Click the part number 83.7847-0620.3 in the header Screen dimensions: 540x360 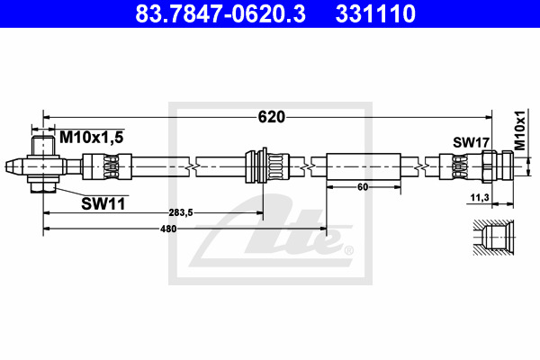pos(220,13)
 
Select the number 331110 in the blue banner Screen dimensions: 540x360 pos(375,13)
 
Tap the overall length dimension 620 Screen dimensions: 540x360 pos(272,117)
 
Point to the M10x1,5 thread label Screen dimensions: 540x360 pos(91,138)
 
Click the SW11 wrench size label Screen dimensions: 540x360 pos(103,204)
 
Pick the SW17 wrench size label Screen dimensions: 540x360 pos(471,142)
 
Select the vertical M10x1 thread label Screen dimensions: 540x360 pos(520,130)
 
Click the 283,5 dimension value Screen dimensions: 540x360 pos(181,213)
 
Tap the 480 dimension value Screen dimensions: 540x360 pos(168,229)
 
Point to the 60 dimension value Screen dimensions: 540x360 pos(363,187)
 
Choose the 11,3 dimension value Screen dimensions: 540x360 pos(480,197)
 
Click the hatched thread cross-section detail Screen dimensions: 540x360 pos(493,238)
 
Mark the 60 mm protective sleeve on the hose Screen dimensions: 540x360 pos(364,166)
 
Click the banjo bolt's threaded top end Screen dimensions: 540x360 pos(43,146)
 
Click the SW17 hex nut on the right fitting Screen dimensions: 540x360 pos(489,166)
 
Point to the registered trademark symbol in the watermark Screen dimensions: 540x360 pos(348,250)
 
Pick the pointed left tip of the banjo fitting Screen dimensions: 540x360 pos(6,166)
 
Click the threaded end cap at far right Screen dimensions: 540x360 pos(508,166)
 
